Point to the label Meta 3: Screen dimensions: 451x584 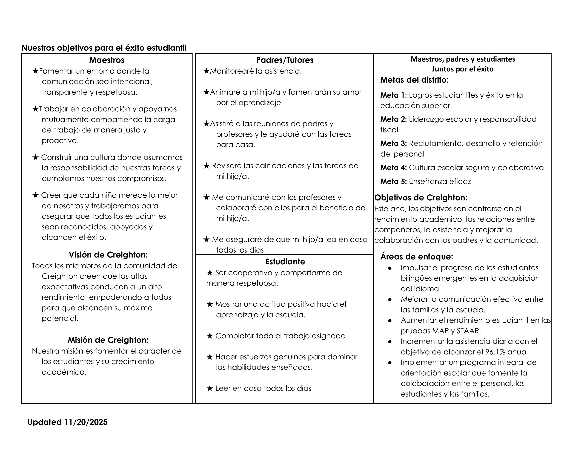tap(393, 143)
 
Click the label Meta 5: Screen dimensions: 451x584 tap(393, 181)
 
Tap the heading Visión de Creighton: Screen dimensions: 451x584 tap(108, 255)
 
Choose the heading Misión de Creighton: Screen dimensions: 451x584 tap(108, 340)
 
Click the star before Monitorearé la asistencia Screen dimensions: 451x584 tap(206, 71)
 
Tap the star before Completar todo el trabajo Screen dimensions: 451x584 tap(210, 336)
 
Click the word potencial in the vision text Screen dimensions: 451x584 tap(60, 318)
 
